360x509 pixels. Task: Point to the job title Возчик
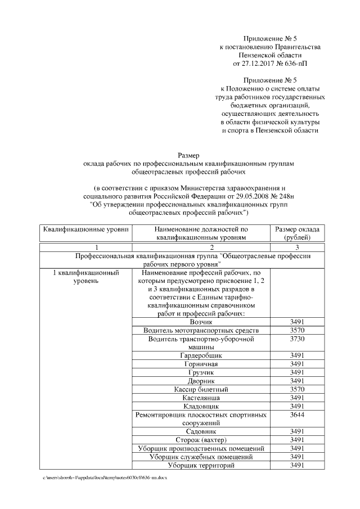tap(201, 322)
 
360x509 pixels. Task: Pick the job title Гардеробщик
tap(201, 355)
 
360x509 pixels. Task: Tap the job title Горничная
tap(201, 364)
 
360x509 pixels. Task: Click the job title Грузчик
tap(201, 372)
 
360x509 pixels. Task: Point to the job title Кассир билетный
tap(201, 389)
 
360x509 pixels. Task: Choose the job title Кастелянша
tap(201, 398)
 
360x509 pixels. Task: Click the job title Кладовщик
tap(201, 406)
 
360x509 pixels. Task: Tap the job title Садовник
tap(201, 431)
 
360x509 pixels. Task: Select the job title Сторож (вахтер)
tap(201, 440)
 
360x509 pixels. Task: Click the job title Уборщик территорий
tap(201, 465)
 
